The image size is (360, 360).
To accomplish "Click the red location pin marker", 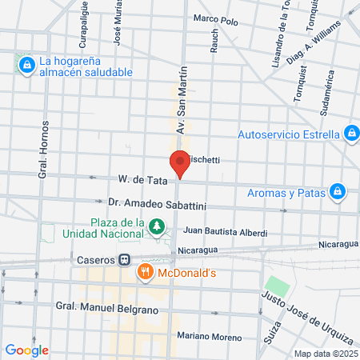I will [x=180, y=163].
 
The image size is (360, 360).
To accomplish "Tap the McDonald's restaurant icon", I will [x=145, y=272].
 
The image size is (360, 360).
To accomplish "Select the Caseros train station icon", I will [x=125, y=259].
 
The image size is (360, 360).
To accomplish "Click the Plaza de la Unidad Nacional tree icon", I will [x=158, y=227].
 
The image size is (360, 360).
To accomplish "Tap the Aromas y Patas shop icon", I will [x=338, y=191].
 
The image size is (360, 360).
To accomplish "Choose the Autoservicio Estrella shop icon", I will [x=350, y=133].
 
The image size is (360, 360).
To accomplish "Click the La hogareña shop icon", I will [x=26, y=63].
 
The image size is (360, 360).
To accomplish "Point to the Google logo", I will [x=27, y=350].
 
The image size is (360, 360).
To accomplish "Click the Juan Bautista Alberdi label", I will [x=226, y=231].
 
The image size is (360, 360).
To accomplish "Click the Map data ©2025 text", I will [x=326, y=353].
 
